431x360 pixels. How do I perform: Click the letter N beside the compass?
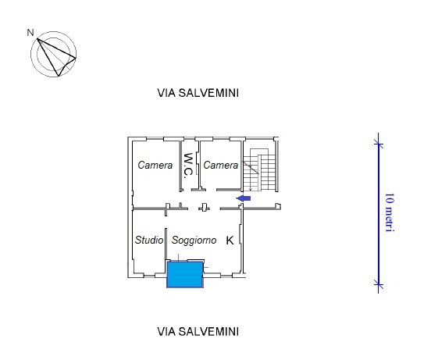pyautogui.click(x=30, y=33)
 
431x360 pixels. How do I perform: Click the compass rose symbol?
pyautogui.click(x=53, y=54)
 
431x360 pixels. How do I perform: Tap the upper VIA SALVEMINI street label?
pyautogui.click(x=198, y=93)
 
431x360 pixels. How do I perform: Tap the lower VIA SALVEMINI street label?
pyautogui.click(x=198, y=332)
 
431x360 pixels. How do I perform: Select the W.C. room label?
pyautogui.click(x=188, y=166)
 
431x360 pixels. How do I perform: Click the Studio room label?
pyautogui.click(x=149, y=240)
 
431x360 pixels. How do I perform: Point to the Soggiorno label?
pyautogui.click(x=194, y=241)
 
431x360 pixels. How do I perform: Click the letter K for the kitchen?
pyautogui.click(x=230, y=241)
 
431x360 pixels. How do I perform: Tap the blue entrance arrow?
pyautogui.click(x=244, y=198)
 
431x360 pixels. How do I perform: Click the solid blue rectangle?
pyautogui.click(x=185, y=275)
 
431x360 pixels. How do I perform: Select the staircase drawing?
pyautogui.click(x=260, y=169)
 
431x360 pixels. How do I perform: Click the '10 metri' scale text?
pyautogui.click(x=390, y=212)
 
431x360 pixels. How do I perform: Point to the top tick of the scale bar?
pyautogui.click(x=379, y=144)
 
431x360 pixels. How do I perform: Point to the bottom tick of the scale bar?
pyautogui.click(x=379, y=284)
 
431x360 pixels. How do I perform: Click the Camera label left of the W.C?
pyautogui.click(x=155, y=165)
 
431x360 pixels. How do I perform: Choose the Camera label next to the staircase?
pyautogui.click(x=221, y=165)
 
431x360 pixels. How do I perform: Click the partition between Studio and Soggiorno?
pyautogui.click(x=166, y=244)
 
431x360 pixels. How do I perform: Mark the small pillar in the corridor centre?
pyautogui.click(x=204, y=207)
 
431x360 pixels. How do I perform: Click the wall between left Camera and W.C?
pyautogui.click(x=181, y=166)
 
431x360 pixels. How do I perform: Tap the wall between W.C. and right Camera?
pyautogui.click(x=200, y=165)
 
